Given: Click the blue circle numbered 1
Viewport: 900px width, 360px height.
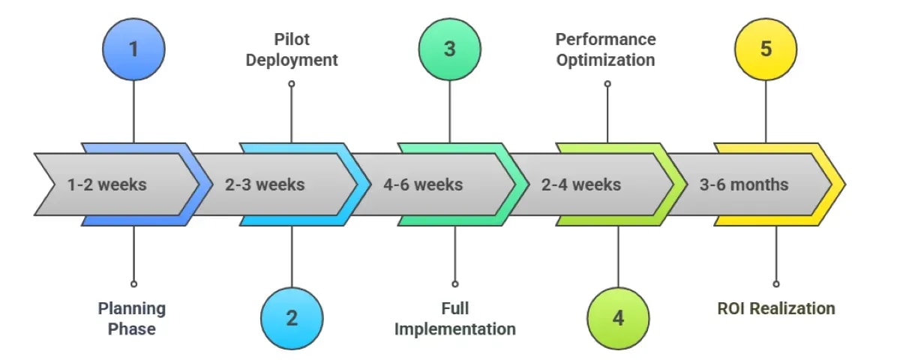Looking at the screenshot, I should click(133, 49).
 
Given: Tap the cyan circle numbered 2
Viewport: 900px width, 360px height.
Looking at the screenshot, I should click(292, 318).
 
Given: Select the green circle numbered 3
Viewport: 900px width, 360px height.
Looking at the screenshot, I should click(449, 49).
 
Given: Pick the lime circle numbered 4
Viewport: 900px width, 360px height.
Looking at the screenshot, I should click(618, 318).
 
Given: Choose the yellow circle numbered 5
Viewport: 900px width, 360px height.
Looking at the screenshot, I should click(766, 49).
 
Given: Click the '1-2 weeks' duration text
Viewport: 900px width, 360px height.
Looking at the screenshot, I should click(106, 184).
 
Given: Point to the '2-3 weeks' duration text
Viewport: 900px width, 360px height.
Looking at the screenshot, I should click(265, 184).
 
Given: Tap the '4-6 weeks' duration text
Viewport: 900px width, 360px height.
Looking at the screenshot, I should click(423, 184).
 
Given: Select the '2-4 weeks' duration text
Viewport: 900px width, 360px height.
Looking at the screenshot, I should click(581, 184).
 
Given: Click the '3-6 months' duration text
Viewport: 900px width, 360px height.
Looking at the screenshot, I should click(744, 184).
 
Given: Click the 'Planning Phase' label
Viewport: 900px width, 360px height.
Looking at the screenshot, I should click(132, 319).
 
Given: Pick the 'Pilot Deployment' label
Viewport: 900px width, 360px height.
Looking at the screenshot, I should click(292, 49).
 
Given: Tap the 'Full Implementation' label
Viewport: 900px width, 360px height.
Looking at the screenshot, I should click(455, 319).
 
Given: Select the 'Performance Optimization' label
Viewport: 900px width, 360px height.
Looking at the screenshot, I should click(606, 49).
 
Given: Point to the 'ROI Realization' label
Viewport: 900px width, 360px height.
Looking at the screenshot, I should click(775, 308).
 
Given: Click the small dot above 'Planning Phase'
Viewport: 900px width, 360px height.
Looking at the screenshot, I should click(133, 284).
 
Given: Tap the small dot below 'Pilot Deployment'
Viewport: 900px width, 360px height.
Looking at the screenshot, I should click(292, 84).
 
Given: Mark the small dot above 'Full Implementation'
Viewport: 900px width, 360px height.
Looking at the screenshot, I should click(455, 284).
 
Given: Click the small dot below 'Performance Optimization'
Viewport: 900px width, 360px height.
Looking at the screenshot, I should click(607, 84).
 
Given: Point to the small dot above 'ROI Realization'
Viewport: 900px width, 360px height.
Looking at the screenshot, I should click(775, 284).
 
